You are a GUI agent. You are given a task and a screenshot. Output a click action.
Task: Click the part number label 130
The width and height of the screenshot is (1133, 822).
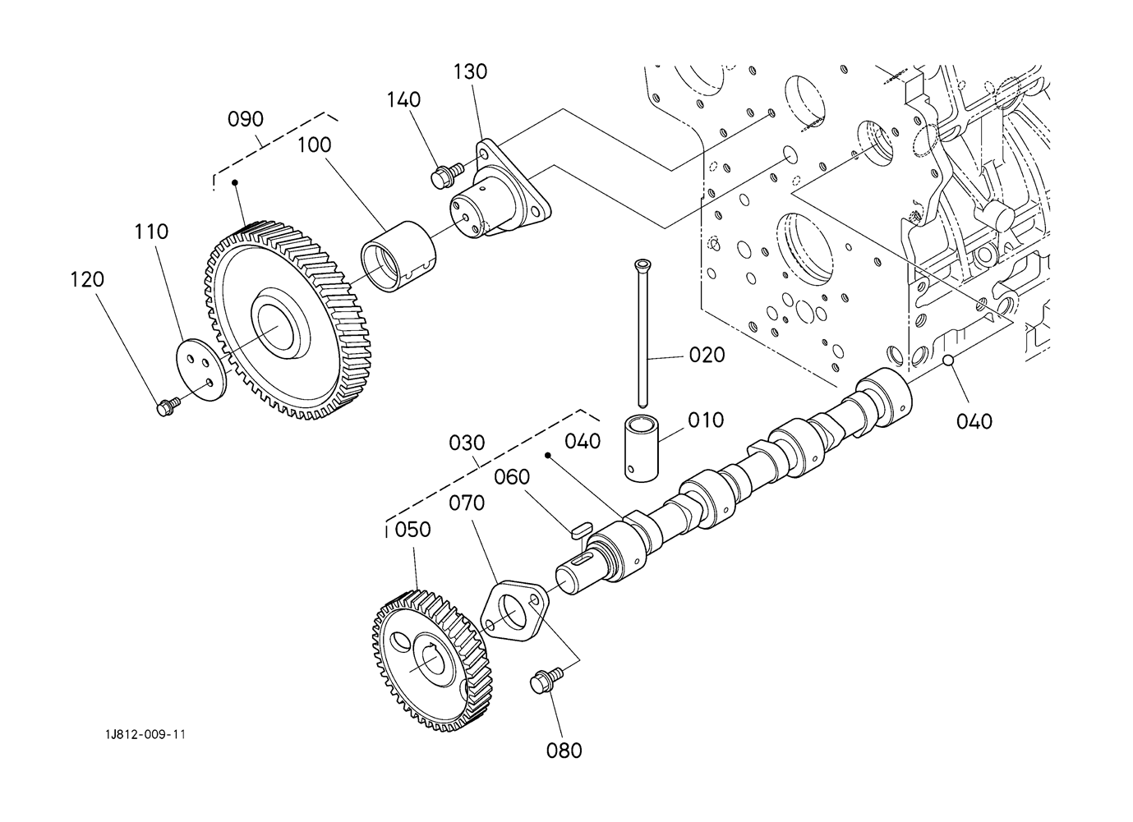(470, 71)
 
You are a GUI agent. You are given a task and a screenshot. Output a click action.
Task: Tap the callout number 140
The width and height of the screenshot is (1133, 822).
(403, 99)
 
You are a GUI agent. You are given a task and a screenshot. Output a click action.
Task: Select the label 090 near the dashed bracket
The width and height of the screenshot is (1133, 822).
(246, 119)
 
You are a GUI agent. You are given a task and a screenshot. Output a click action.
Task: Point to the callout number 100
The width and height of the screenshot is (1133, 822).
(314, 145)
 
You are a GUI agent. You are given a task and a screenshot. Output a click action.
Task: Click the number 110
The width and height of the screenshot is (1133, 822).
(151, 232)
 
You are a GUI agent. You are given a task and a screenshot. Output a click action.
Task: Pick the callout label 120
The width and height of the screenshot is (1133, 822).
(87, 279)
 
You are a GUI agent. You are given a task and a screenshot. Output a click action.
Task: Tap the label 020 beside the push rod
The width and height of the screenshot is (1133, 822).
(707, 356)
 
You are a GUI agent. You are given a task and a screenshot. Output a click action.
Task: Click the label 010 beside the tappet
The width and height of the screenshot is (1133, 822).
(706, 420)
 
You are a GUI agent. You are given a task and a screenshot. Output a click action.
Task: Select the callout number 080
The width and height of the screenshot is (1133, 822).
(564, 751)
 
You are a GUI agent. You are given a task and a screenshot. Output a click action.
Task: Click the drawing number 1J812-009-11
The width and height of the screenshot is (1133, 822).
(145, 734)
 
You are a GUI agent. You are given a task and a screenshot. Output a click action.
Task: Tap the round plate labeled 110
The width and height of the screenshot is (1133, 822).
(201, 370)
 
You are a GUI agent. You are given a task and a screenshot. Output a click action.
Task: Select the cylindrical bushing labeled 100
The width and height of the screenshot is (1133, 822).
(398, 256)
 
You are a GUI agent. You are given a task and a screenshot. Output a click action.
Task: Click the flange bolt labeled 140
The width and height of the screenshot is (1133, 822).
(447, 174)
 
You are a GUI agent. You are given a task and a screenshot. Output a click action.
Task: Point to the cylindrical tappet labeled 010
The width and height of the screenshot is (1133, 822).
(642, 448)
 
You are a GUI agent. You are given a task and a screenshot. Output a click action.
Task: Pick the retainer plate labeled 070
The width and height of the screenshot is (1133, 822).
(514, 611)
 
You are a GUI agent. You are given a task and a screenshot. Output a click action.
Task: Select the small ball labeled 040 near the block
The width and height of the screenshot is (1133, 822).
(948, 360)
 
